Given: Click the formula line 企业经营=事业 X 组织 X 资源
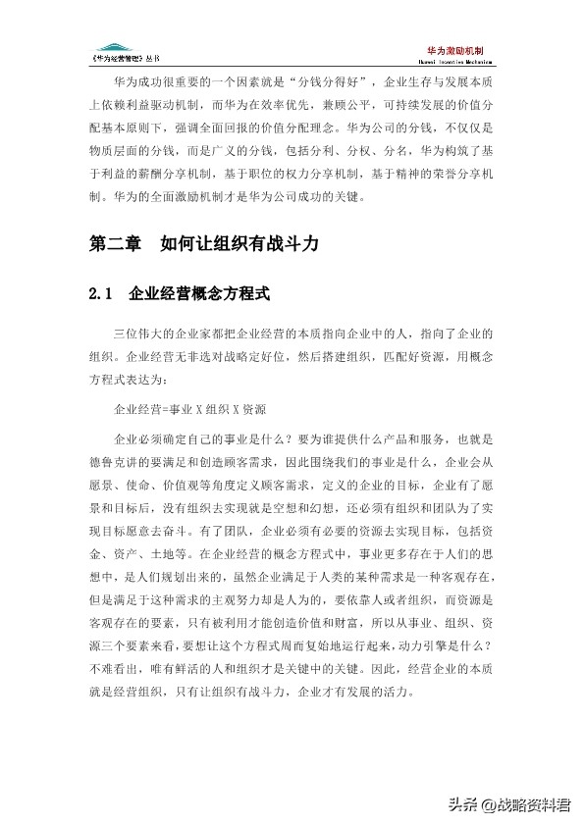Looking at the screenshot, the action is click(190, 406).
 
